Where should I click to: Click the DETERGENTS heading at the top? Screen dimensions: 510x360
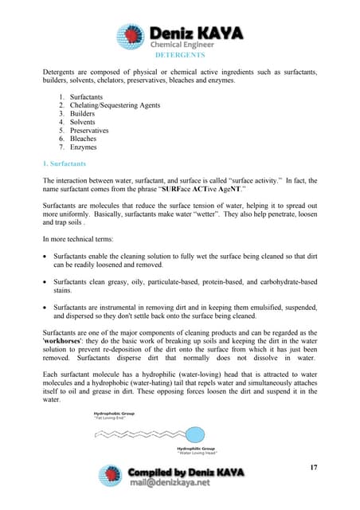(179, 56)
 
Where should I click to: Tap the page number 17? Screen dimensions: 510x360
(313, 467)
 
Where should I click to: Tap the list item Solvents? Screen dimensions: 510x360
(84, 122)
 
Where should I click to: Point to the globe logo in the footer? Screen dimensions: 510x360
(111, 476)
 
